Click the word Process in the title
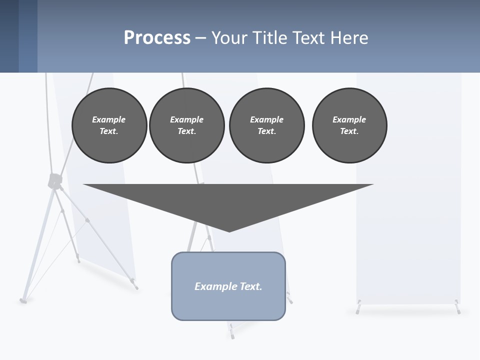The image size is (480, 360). point(157,37)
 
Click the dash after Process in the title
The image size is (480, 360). point(200,38)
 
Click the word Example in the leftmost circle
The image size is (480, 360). point(108,119)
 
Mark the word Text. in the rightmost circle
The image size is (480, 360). point(349,131)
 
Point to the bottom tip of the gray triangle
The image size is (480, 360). point(229,231)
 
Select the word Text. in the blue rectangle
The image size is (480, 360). point(251,286)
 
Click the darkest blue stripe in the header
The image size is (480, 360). point(9,36)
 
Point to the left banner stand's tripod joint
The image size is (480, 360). point(54,181)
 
